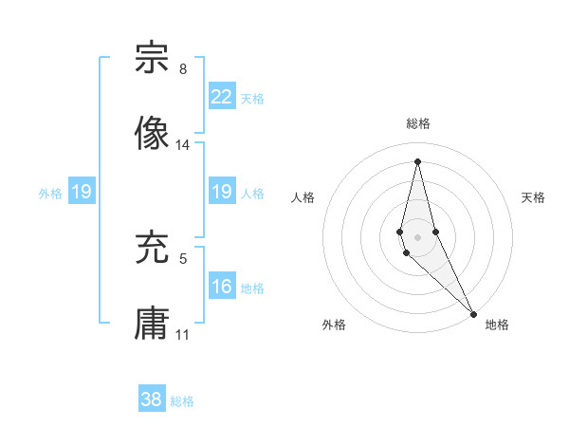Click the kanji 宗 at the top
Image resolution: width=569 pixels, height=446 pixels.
click(x=152, y=59)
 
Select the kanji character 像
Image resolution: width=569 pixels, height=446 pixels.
click(x=152, y=134)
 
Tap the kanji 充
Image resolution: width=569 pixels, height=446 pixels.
click(x=152, y=248)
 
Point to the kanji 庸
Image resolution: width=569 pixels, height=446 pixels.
click(x=152, y=324)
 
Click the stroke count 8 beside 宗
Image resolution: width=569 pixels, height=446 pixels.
click(x=182, y=70)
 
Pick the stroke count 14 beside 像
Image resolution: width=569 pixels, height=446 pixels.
click(x=183, y=145)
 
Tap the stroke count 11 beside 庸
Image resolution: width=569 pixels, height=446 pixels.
click(x=183, y=335)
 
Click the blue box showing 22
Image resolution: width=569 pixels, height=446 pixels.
click(x=221, y=96)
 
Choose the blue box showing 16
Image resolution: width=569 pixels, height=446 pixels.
click(x=221, y=286)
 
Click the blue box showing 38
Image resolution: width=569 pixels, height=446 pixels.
click(x=152, y=400)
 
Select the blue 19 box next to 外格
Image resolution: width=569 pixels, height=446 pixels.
click(x=81, y=192)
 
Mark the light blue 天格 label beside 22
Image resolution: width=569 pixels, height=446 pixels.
click(x=252, y=99)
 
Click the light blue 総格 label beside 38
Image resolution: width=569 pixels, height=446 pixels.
click(x=182, y=401)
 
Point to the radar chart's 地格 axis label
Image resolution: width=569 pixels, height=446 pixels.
click(x=497, y=325)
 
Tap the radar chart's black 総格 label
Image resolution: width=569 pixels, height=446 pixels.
click(x=418, y=123)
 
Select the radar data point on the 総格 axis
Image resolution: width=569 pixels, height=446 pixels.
click(x=417, y=160)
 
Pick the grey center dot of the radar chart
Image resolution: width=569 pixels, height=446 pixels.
click(x=417, y=236)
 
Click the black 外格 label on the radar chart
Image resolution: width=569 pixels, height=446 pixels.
click(x=334, y=325)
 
